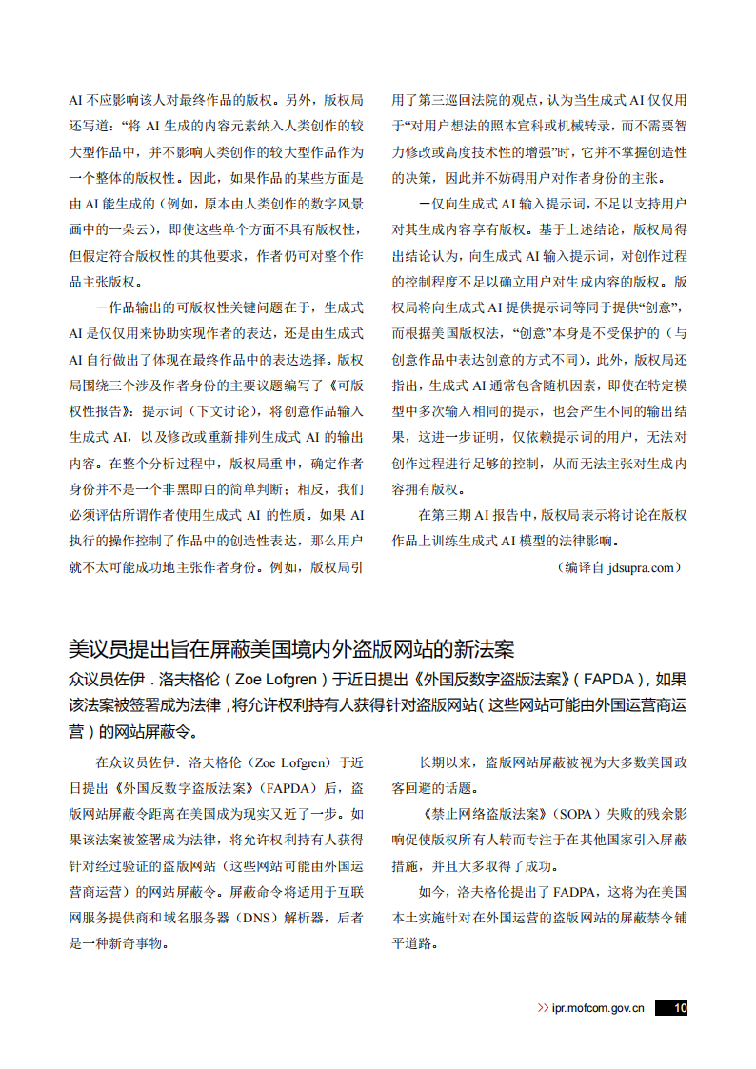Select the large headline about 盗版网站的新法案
tap(291, 649)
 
